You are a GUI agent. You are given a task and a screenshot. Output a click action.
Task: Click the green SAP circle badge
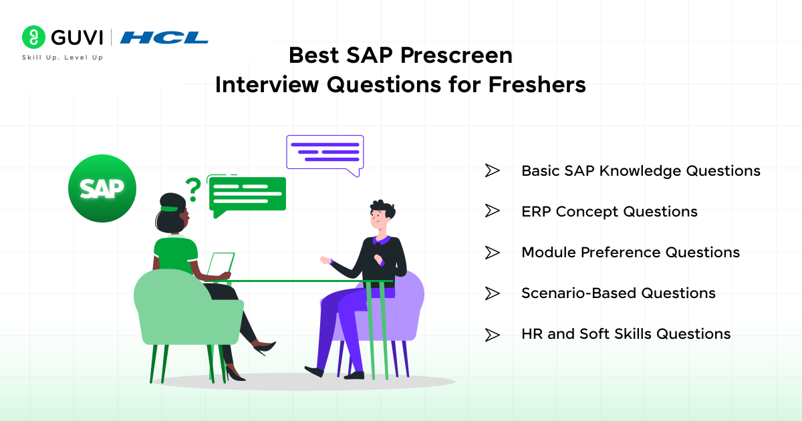click(102, 188)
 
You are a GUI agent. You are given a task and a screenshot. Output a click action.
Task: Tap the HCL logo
click(164, 37)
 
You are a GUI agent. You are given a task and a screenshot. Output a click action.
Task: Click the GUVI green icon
click(31, 37)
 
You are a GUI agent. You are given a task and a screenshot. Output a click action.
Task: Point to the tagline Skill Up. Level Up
click(62, 57)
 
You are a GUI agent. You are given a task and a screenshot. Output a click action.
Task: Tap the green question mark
click(193, 190)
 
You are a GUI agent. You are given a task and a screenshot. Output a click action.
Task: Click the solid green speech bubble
click(247, 195)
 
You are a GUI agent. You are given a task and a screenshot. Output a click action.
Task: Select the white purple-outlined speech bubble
click(325, 152)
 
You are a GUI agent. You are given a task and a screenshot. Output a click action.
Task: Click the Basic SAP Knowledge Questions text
click(640, 171)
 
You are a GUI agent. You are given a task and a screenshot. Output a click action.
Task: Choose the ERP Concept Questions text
click(609, 212)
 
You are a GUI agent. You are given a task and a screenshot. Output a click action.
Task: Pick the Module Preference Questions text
click(630, 253)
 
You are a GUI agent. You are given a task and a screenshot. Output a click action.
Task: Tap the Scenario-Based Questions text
click(618, 293)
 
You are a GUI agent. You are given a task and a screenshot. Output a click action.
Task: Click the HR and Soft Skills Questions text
click(626, 334)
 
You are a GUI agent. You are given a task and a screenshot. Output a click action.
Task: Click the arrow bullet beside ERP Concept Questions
click(492, 212)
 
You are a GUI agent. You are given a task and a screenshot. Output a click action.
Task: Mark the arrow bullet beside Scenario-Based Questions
click(492, 293)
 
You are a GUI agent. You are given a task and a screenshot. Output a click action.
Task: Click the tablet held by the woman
click(221, 265)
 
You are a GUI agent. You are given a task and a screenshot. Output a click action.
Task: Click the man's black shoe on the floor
click(316, 371)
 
